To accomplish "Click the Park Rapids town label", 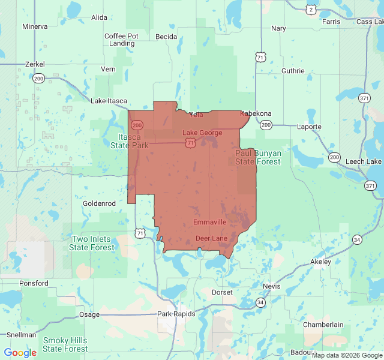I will (176, 314).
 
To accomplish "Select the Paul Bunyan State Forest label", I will (258, 157).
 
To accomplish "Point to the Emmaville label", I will (209, 222).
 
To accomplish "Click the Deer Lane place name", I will (211, 238).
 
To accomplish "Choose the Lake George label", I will (202, 133).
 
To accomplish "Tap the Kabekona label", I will (256, 113).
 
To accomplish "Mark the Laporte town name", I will (310, 127).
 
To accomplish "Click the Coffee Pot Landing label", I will (122, 40).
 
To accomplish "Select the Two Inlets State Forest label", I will (92, 243).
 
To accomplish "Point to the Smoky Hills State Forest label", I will (65, 344).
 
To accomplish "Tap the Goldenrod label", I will (99, 203).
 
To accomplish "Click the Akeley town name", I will (320, 262).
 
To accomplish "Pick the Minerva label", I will (35, 26).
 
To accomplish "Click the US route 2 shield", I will (310, 9).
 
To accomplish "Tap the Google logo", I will (20, 353).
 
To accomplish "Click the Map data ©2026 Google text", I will (347, 355).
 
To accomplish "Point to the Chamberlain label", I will (323, 325).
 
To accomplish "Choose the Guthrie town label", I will (293, 71).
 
